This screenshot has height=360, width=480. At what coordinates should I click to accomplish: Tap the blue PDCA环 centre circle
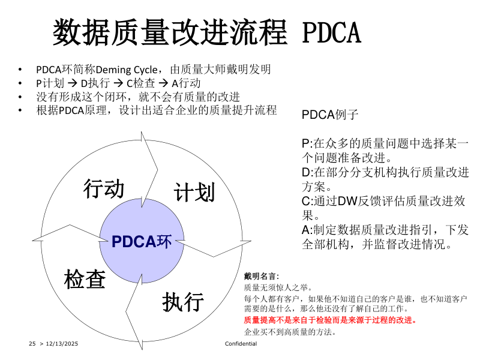142,241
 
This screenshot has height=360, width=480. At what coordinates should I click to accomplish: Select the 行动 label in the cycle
104,188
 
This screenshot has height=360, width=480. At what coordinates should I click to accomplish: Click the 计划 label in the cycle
194,192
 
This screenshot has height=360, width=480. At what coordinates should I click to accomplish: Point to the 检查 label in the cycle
85,278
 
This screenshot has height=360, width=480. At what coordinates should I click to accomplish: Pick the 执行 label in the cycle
182,301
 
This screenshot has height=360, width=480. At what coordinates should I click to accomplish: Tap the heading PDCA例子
329,115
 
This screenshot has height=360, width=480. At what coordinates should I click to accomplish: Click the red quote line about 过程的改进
330,320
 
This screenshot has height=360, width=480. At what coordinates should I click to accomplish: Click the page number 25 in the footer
32,343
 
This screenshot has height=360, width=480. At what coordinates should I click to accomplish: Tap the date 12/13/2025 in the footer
62,343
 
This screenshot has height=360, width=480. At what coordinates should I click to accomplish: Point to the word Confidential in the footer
241,343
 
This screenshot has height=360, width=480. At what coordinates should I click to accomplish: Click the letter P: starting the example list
307,144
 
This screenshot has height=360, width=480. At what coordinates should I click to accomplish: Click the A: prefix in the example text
307,230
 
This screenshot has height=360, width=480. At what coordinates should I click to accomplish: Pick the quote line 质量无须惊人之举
274,287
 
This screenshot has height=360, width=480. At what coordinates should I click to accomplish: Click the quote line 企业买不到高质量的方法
290,331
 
